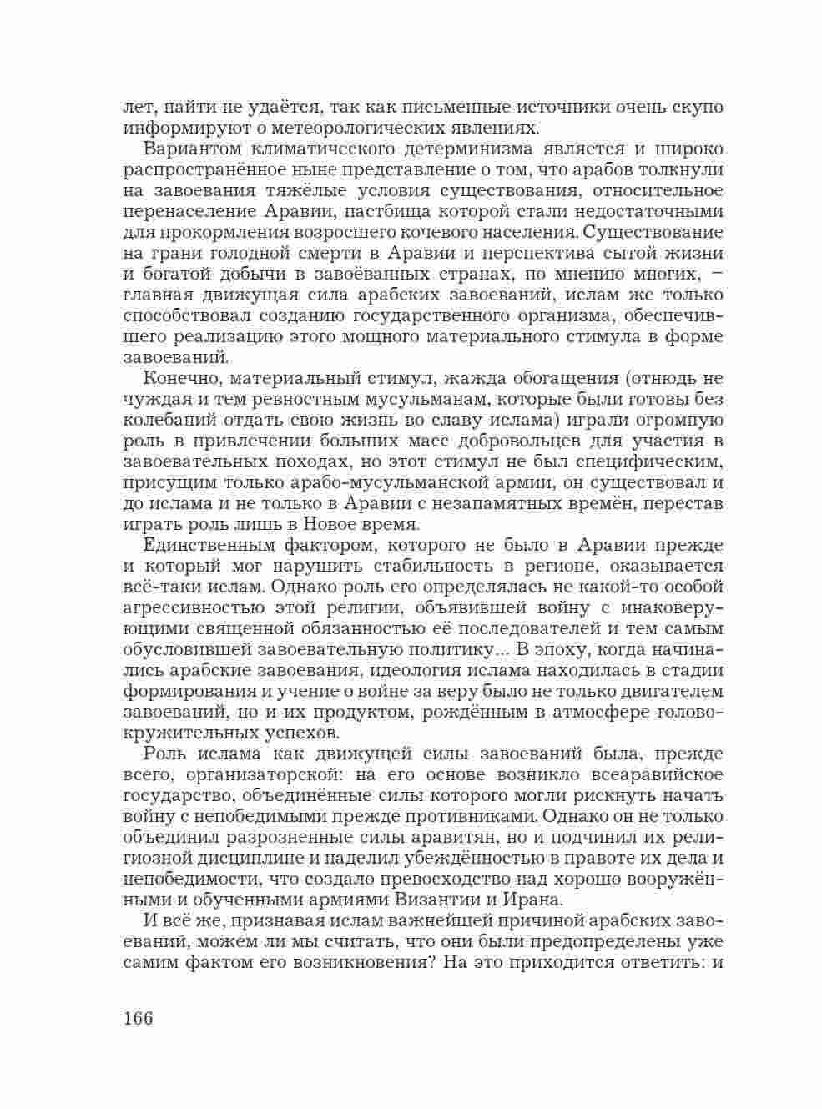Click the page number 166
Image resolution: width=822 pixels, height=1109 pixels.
click(x=139, y=1019)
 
